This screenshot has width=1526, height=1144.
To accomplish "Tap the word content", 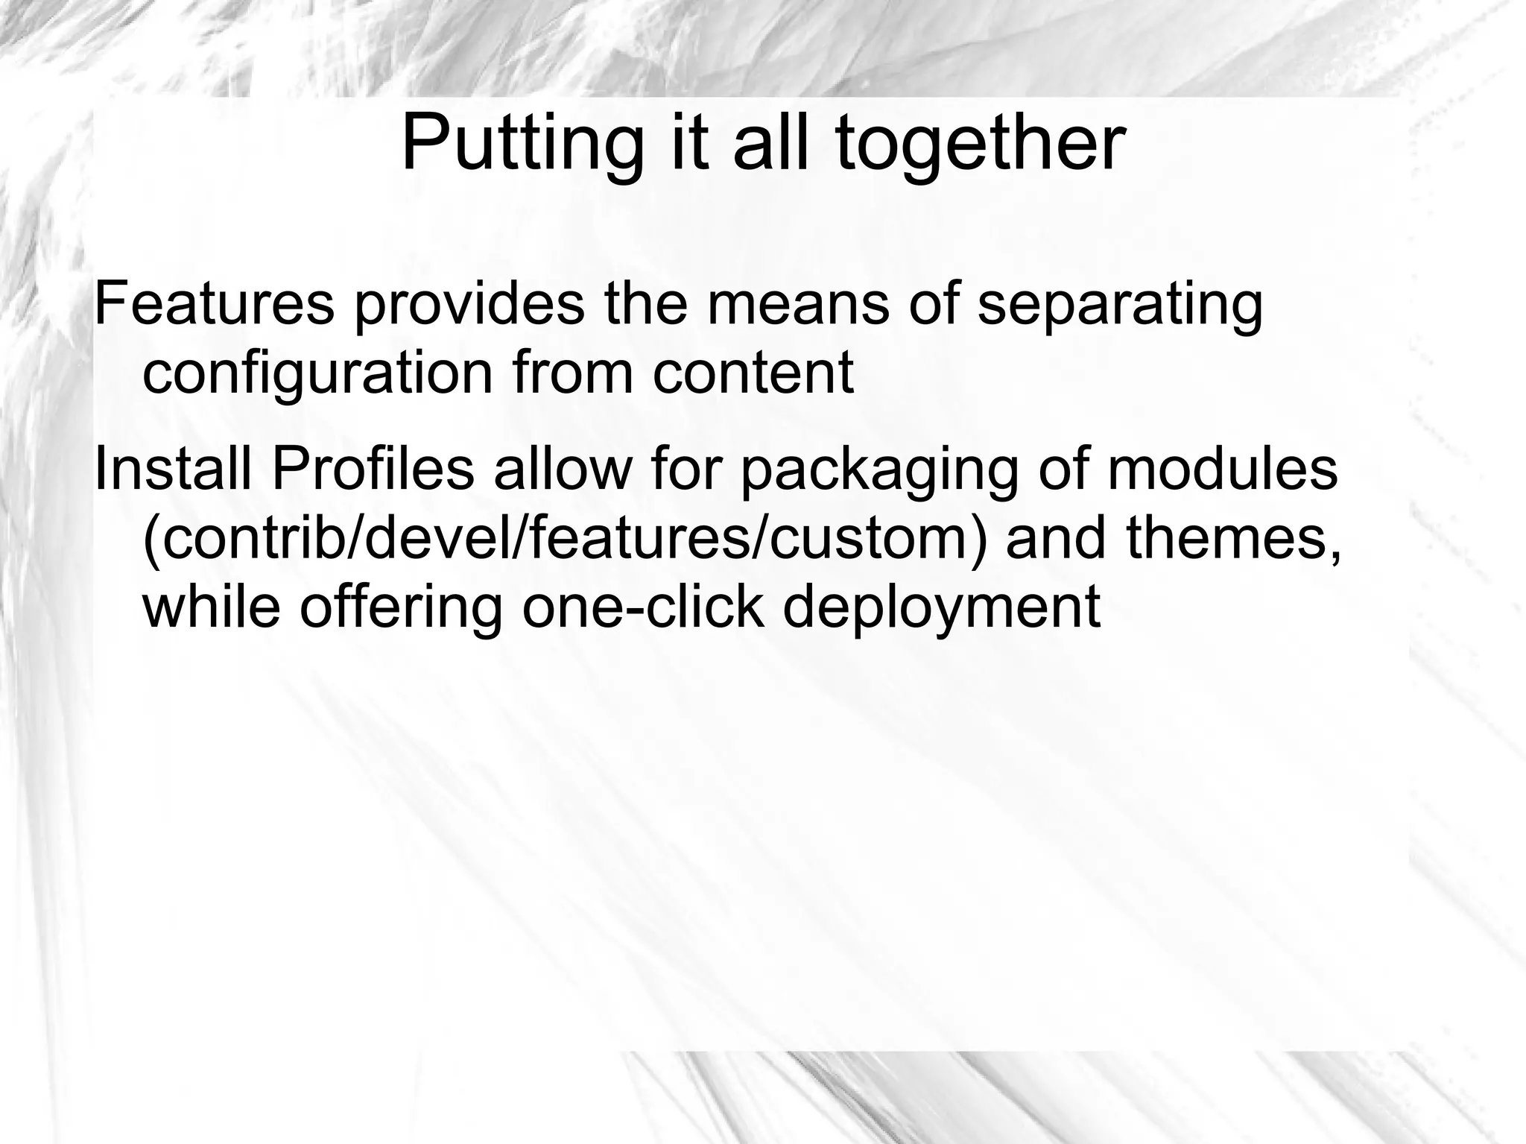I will (x=753, y=372).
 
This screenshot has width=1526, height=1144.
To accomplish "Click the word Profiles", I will (x=373, y=469).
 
